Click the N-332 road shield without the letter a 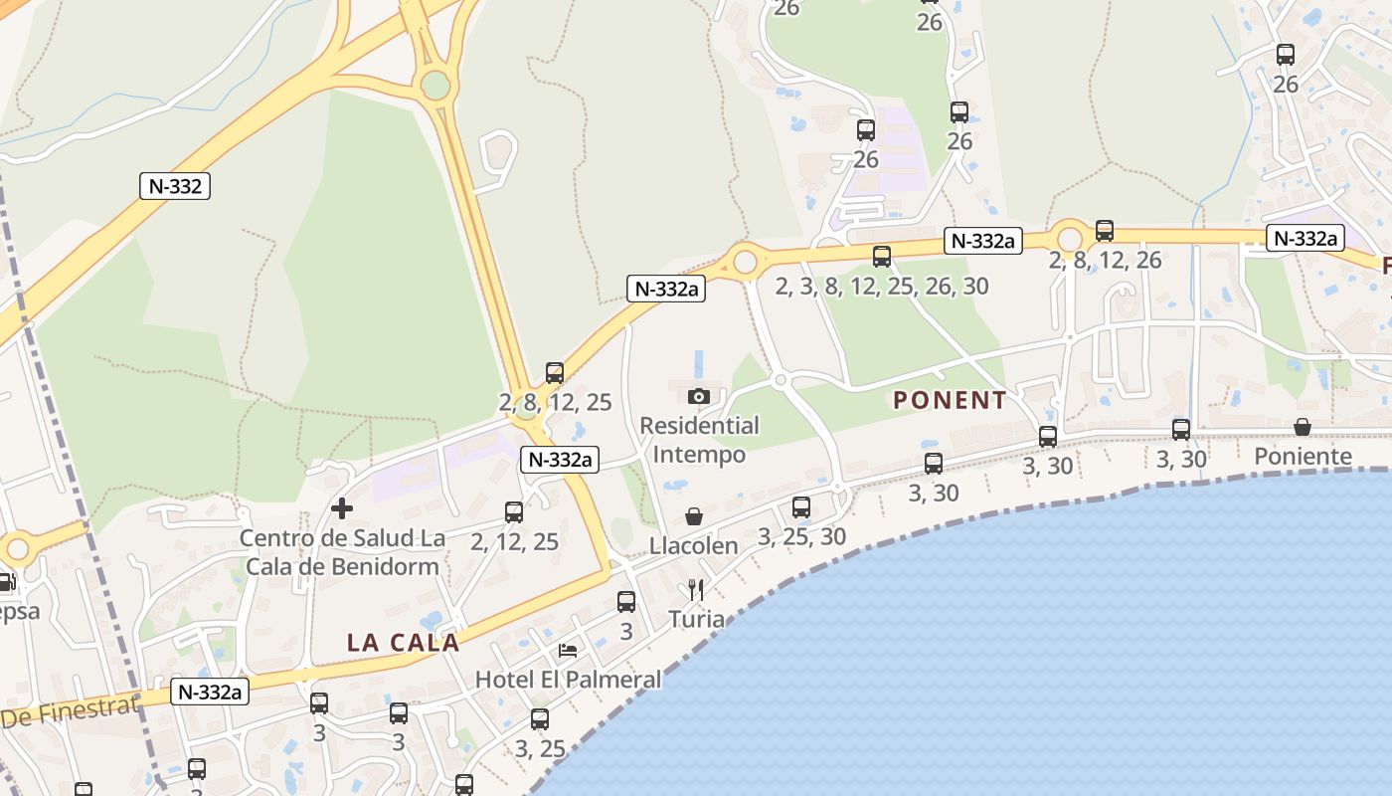175,186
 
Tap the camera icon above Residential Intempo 699,396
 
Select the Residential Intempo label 699,440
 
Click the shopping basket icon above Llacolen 694,516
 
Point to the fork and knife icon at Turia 696,590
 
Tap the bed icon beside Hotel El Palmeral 568,651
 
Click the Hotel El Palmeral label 568,680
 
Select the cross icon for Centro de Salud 342,508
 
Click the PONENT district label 950,401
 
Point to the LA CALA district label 403,643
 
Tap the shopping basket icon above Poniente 1303,427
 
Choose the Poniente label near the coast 1303,457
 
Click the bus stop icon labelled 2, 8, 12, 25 555,373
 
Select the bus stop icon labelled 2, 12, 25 514,512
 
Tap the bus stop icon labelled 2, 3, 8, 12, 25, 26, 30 882,257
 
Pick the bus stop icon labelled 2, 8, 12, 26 1105,231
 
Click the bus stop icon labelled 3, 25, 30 801,507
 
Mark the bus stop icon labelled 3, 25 540,718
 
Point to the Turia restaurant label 696,619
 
